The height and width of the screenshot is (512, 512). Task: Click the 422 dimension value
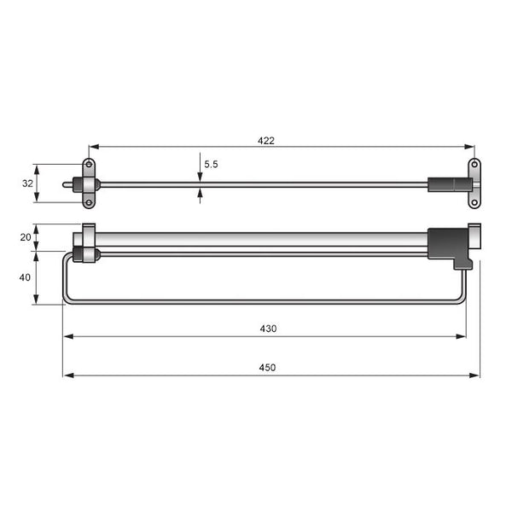(x=266, y=141)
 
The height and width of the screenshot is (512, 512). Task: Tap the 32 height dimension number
(x=26, y=183)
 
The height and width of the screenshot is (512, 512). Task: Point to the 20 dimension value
(x=26, y=237)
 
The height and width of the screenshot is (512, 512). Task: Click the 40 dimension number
(x=26, y=277)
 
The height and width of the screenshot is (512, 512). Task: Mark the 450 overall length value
(x=268, y=368)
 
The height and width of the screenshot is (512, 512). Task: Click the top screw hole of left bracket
(x=88, y=165)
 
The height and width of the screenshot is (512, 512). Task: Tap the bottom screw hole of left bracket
(x=88, y=202)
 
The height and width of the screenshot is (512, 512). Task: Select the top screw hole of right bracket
(x=474, y=165)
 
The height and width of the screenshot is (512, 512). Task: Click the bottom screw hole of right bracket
(x=474, y=202)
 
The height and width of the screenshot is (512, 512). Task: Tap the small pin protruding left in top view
(x=68, y=183)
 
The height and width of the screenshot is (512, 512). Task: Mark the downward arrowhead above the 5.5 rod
(x=200, y=177)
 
